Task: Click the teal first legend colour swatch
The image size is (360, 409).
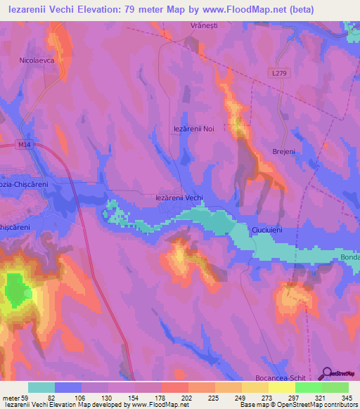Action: click(41, 387)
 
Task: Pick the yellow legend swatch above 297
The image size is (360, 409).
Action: click(281, 387)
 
